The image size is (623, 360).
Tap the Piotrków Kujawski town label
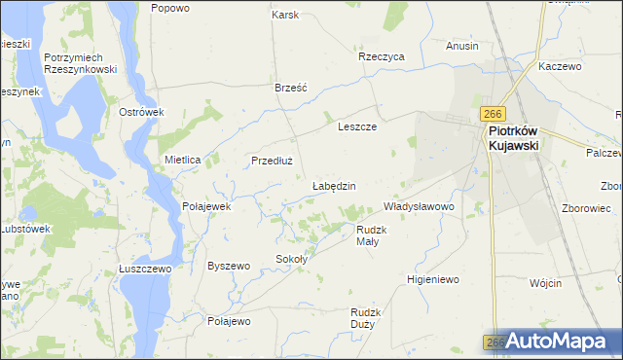tap(514, 137)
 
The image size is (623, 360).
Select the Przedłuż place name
tap(273, 162)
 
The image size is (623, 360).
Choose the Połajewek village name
tap(206, 206)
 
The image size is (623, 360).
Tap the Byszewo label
tap(230, 266)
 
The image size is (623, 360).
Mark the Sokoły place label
tap(292, 259)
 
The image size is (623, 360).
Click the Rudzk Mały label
tap(374, 235)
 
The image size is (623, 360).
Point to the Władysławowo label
tap(420, 206)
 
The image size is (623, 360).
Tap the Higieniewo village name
tap(432, 279)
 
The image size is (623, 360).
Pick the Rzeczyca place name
tap(381, 56)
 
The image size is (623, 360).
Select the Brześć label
tap(291, 87)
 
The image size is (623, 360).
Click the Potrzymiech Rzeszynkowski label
tap(81, 63)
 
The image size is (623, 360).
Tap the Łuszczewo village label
tap(145, 269)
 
